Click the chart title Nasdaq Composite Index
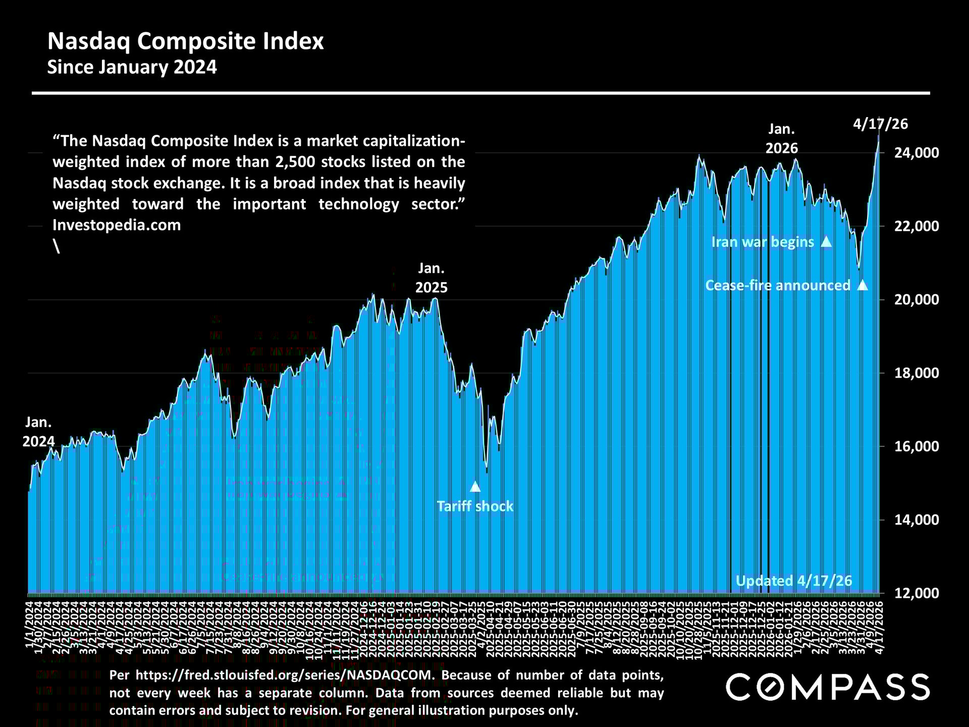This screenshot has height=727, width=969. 185,41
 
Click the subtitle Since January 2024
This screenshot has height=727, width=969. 132,67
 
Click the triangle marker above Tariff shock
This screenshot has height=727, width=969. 475,487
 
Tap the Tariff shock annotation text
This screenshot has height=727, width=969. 474,506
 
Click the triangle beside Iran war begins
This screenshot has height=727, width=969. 826,242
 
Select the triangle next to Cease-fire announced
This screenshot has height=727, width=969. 863,285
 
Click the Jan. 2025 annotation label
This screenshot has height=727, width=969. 431,278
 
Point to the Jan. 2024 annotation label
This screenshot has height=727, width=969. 38,432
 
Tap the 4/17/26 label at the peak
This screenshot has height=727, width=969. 880,124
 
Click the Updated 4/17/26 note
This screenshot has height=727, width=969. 793,581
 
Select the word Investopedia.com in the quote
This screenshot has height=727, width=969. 117,225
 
